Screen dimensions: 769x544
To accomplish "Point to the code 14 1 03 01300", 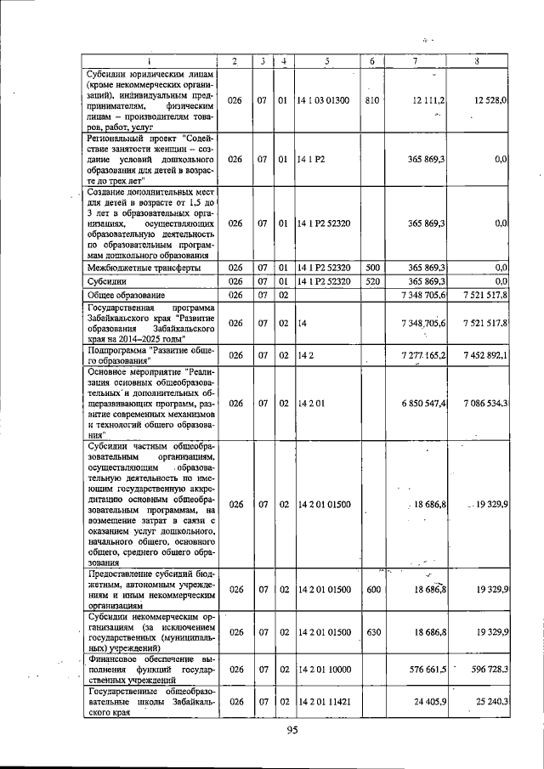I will (x=323, y=100).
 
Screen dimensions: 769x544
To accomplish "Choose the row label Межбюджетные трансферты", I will (x=144, y=267).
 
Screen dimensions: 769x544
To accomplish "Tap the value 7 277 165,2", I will (x=419, y=354).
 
